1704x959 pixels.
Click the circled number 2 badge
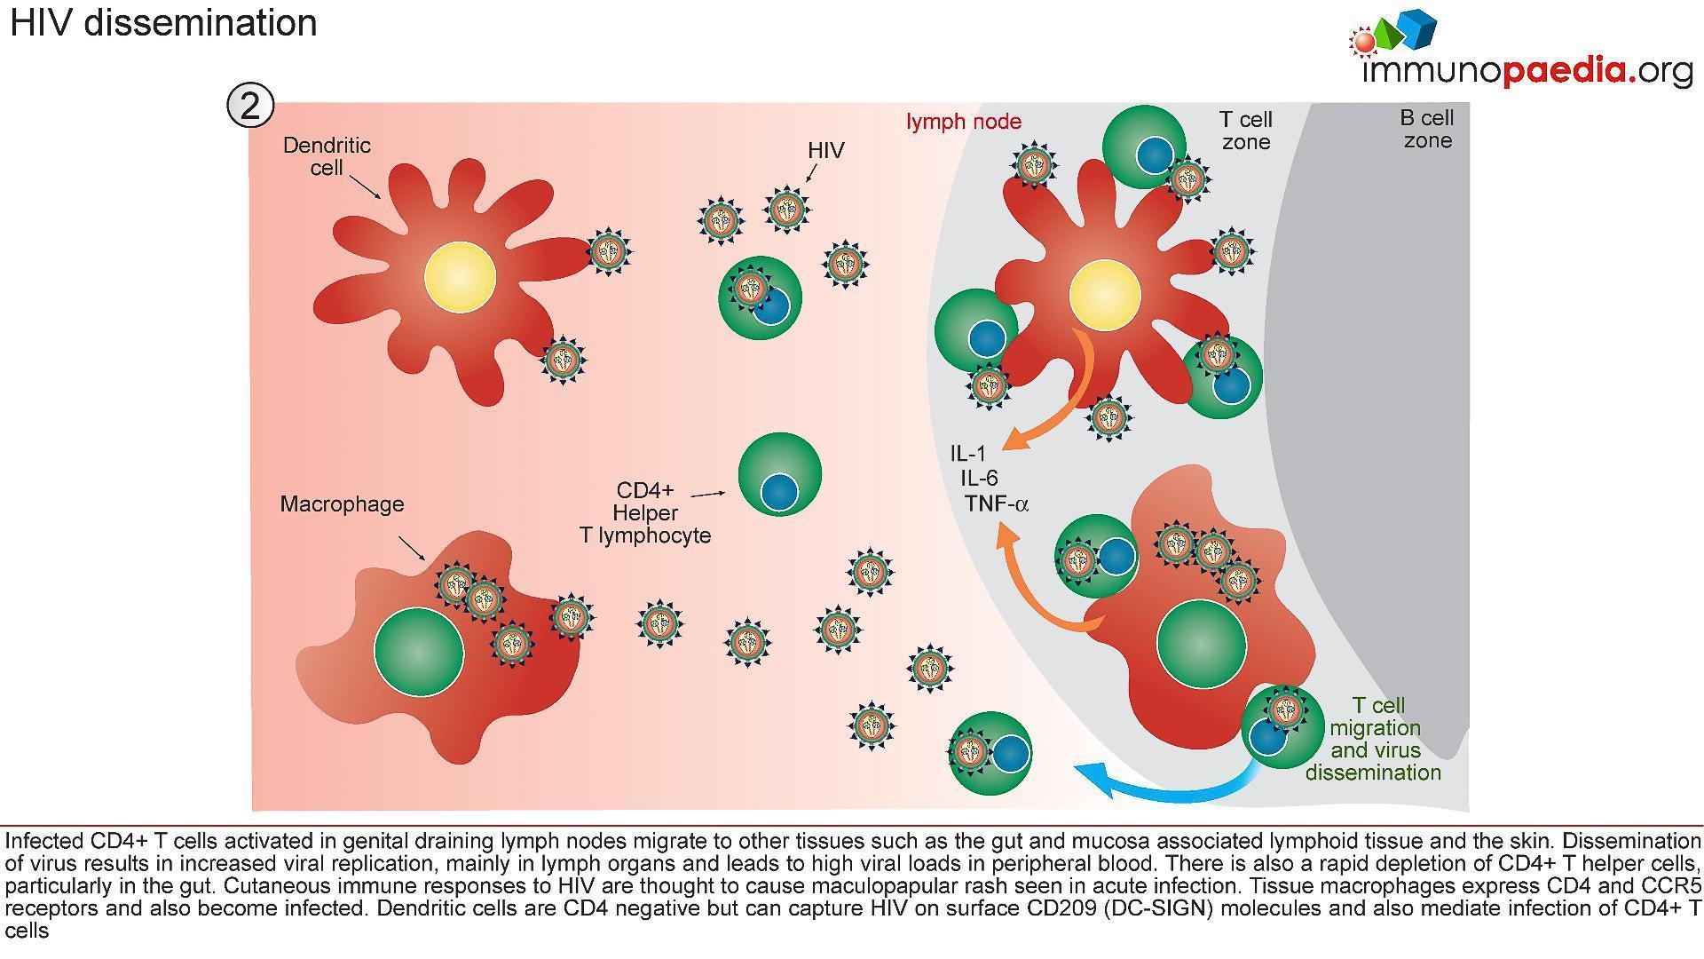[x=250, y=107]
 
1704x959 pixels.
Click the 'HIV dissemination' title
[x=163, y=23]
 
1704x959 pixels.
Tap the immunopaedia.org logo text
[x=1526, y=70]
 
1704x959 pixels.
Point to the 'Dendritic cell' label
[x=327, y=156]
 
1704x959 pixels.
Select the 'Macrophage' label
[x=342, y=504]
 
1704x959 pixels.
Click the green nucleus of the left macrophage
[x=419, y=652]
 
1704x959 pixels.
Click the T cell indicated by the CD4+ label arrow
[x=779, y=474]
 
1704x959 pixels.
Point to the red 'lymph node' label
[x=963, y=122]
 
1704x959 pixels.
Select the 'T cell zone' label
[x=1245, y=131]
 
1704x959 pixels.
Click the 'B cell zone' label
[x=1427, y=129]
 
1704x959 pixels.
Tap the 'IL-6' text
[x=979, y=479]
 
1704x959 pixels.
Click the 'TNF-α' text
[x=996, y=504]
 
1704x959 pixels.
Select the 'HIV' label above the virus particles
[x=825, y=151]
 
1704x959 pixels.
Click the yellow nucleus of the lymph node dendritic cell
[x=1104, y=294]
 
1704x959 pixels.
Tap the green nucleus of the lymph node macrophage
[x=1202, y=644]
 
